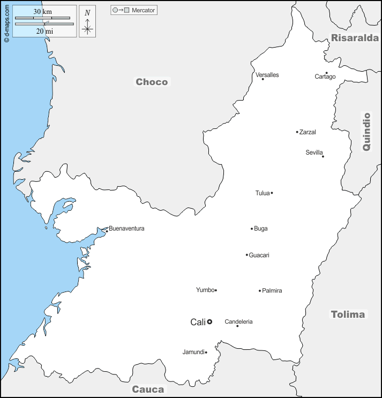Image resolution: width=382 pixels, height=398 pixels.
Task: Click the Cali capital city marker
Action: coord(209,322)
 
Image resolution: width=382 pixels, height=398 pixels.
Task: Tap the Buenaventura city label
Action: coord(126,228)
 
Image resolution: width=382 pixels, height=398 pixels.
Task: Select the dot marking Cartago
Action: coord(326,73)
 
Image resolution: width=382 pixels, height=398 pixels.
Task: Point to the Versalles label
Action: coord(267,75)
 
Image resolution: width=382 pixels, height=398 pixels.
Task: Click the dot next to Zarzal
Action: coord(297,132)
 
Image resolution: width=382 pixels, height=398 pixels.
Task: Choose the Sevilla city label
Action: coord(314,152)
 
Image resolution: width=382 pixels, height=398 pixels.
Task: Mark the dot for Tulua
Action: coord(272,193)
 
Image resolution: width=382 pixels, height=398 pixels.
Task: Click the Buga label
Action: coord(261,228)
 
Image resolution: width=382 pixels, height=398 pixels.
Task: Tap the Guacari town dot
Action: coord(246,255)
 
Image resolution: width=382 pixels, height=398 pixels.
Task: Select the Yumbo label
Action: coord(205,290)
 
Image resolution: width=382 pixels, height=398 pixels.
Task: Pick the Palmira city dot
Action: coord(260,291)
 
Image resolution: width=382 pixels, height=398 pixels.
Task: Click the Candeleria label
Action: coord(238,322)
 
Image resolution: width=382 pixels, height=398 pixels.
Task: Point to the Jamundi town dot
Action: coord(206,352)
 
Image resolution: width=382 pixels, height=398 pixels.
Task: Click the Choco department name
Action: coord(152,82)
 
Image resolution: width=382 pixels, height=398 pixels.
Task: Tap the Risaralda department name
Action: coord(355,37)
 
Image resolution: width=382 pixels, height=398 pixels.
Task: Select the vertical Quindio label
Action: coord(366,131)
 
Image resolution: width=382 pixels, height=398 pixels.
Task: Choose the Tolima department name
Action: coord(348,314)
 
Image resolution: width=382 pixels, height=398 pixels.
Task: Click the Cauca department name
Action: coord(148,389)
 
